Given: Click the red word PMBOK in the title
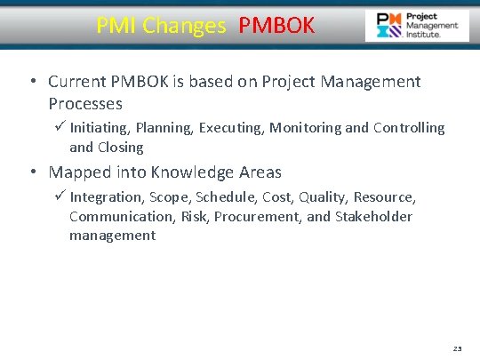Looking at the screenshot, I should (276, 26).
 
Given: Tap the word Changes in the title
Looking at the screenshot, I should (185, 26).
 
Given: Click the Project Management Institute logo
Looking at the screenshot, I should (417, 26).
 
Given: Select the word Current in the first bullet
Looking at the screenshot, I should (80, 82).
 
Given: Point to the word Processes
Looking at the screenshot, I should (85, 104).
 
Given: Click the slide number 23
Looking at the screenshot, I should (457, 350).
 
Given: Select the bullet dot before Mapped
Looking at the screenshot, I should (31, 172).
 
